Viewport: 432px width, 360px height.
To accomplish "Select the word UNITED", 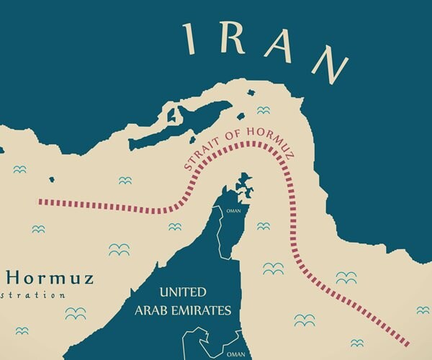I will coord(183,292).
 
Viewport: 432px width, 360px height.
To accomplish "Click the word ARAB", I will coord(152,311).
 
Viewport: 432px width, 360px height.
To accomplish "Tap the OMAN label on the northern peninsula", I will coord(233,211).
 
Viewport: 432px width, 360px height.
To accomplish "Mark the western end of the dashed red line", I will coord(40,202).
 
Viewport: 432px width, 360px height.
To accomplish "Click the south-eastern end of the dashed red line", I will coord(408,344).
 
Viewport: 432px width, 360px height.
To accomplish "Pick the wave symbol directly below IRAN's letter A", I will coord(264,109).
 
